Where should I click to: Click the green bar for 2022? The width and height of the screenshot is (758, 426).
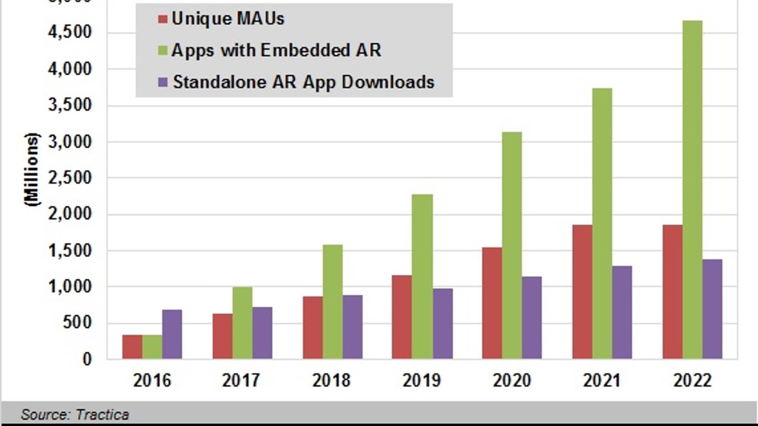tap(692, 189)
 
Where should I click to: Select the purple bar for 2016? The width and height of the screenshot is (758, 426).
tap(172, 334)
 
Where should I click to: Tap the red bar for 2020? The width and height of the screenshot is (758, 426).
tap(492, 303)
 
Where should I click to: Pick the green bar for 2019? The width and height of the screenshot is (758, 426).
tap(422, 276)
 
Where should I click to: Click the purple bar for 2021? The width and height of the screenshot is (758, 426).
tap(622, 312)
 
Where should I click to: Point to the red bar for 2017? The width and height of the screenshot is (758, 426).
tap(222, 336)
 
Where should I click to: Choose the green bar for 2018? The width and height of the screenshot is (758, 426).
tap(333, 302)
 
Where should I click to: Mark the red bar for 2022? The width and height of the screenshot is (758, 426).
tap(672, 292)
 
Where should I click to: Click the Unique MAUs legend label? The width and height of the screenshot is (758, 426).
tap(228, 19)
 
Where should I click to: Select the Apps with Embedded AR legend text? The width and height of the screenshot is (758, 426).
tap(276, 50)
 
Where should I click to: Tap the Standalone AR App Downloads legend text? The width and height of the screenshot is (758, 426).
tap(303, 82)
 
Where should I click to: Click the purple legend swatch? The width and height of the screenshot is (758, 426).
tap(162, 82)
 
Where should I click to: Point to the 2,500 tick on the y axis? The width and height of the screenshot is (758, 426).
tap(70, 178)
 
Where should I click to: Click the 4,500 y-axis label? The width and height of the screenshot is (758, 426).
tap(70, 32)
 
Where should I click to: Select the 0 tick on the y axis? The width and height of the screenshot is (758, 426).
tap(87, 359)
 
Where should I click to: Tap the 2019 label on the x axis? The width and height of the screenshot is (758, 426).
tap(422, 381)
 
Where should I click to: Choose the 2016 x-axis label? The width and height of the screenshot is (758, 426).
tap(152, 381)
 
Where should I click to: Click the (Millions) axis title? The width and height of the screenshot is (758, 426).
tap(32, 169)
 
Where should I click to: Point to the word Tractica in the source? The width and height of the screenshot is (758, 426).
tap(102, 415)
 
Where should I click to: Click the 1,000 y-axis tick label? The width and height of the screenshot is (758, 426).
tap(70, 287)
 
